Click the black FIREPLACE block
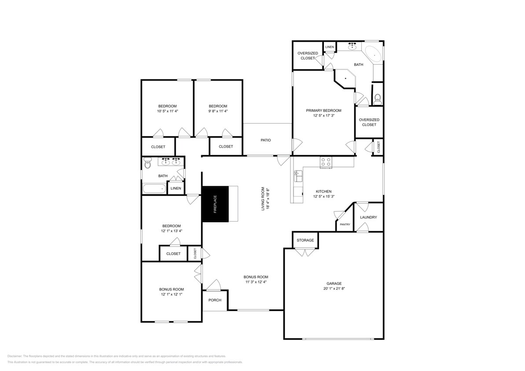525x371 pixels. click(x=215, y=204)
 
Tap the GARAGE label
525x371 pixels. click(x=334, y=284)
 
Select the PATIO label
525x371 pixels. click(x=265, y=140)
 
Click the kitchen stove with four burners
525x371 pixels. click(x=326, y=162)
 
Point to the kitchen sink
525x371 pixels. click(x=298, y=177)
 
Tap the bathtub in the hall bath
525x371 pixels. click(x=154, y=189)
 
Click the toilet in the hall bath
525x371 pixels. click(x=147, y=164)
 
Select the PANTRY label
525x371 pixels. click(x=345, y=225)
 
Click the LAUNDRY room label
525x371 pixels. click(x=368, y=217)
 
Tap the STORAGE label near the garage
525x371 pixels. click(x=305, y=240)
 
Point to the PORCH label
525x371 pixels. click(x=215, y=300)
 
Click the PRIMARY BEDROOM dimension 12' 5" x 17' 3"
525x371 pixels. click(x=324, y=116)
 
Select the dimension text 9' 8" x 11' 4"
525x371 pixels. click(x=218, y=111)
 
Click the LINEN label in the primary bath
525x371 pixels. click(x=330, y=47)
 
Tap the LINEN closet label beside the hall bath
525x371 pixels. click(x=176, y=189)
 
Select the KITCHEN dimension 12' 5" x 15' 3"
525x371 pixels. click(x=323, y=196)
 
